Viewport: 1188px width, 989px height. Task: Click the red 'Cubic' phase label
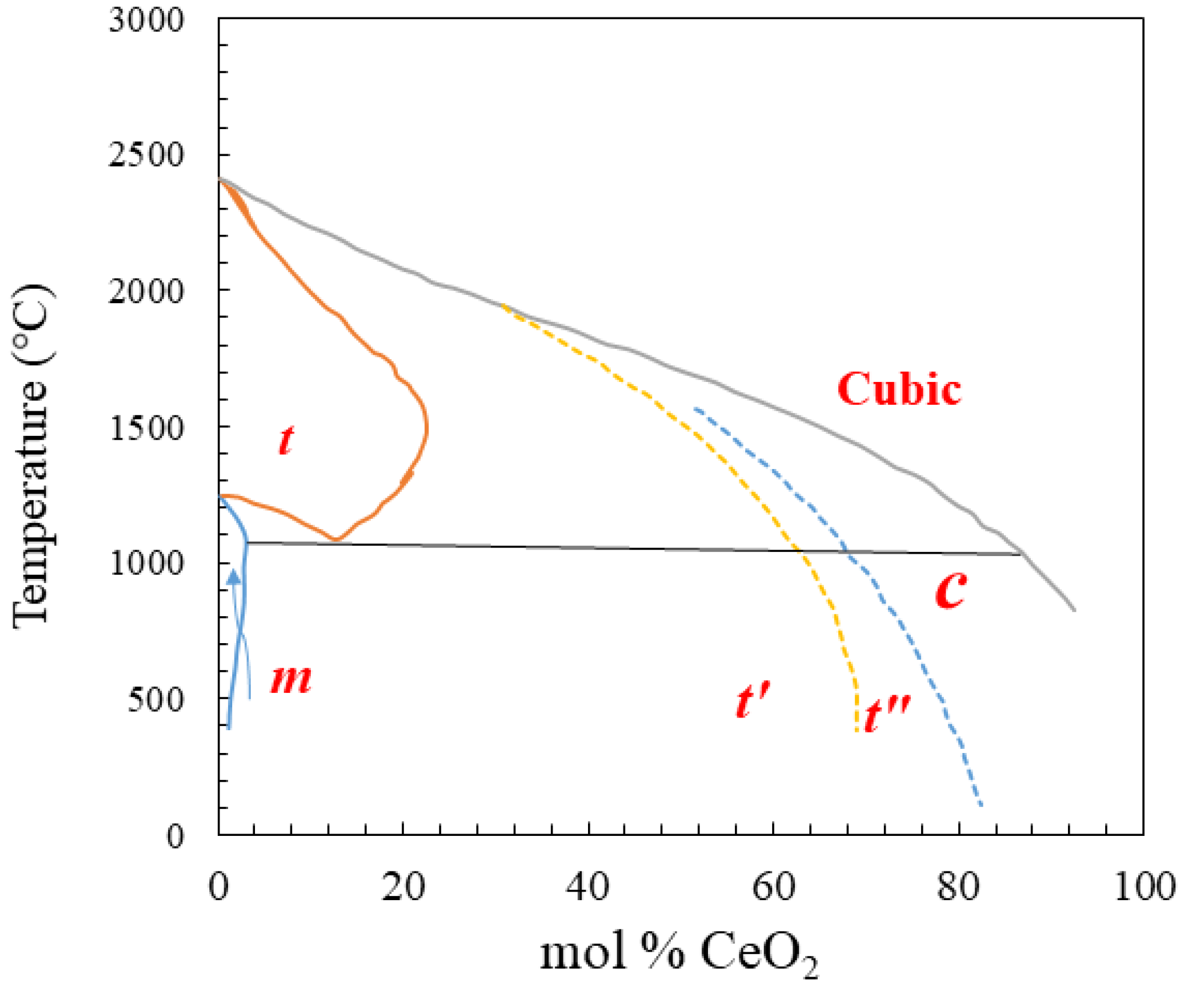(898, 389)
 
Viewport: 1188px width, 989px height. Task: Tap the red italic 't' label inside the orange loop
(286, 440)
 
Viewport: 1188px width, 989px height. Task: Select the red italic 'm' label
(291, 679)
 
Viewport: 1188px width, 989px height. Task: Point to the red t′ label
(752, 700)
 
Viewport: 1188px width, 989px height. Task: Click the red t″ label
(887, 713)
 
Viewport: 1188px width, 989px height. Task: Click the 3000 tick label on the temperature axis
(146, 20)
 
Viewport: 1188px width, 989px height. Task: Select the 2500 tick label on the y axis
(146, 155)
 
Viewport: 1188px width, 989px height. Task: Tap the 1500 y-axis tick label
(146, 428)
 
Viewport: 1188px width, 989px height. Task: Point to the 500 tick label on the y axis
(155, 700)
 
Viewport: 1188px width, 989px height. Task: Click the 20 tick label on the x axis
(403, 886)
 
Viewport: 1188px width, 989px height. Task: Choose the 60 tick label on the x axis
(773, 886)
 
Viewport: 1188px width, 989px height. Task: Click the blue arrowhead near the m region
(234, 577)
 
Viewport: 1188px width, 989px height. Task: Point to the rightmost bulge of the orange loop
(427, 428)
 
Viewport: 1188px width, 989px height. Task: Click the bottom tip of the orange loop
(337, 540)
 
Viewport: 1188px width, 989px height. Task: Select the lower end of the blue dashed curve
(980, 805)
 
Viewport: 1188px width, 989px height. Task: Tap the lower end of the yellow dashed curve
(857, 730)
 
